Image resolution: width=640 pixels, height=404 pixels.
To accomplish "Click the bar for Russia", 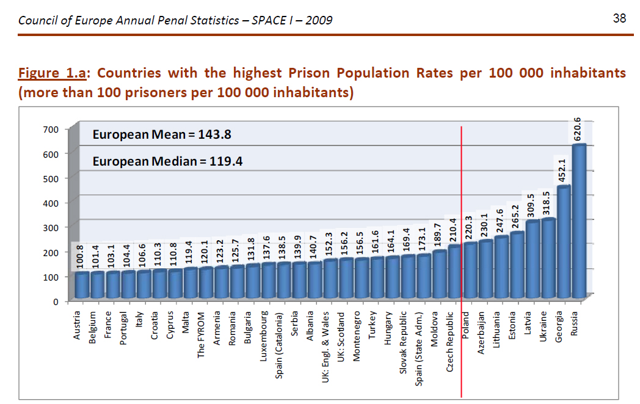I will [x=578, y=220].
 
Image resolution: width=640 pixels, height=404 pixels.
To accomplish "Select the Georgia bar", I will [x=563, y=241].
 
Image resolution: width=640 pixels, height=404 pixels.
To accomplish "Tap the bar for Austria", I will [x=81, y=285].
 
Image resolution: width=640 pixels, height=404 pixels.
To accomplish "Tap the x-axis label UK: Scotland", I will [x=341, y=338].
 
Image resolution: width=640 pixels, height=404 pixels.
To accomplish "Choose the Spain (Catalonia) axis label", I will [x=279, y=345].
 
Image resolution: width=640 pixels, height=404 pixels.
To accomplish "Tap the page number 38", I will [x=619, y=18].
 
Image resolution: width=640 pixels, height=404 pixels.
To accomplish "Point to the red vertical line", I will [x=461, y=257].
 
